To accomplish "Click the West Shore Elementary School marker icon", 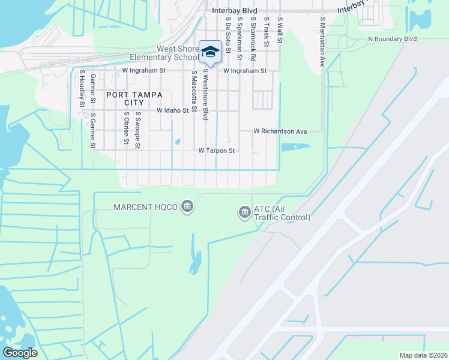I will pos(210,52).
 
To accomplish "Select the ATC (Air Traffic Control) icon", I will pos(244,212).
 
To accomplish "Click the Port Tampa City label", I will pos(127,98).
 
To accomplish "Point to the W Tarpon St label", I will pos(217,151).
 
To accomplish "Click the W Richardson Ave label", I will pos(280,131).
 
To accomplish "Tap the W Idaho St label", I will pos(173,110).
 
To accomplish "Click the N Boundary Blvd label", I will pos(392,38).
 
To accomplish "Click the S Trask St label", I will pos(266,29).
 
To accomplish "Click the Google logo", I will pos(20,352).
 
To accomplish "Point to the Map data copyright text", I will pos(423,355).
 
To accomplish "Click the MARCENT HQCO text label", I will pos(146,207).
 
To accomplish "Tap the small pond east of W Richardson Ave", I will pos(295,146).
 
